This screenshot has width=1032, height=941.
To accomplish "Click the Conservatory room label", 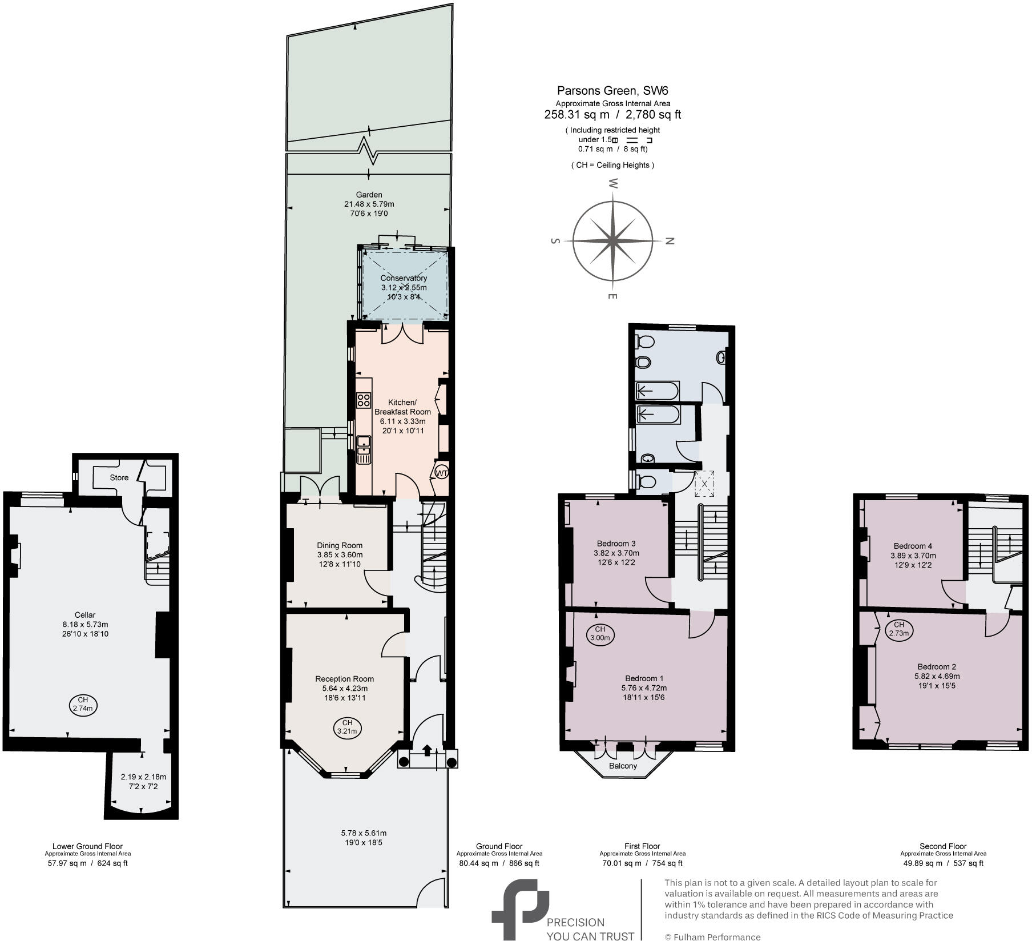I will (404, 278).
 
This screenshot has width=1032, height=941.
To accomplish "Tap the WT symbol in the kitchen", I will (442, 473).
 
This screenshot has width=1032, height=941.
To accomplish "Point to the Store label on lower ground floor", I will (119, 477).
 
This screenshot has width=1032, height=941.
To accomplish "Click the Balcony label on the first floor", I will (622, 766).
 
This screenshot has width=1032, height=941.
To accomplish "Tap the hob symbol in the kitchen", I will (364, 400).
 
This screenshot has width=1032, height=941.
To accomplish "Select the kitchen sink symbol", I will (363, 449).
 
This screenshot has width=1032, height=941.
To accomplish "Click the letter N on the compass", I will (671, 241).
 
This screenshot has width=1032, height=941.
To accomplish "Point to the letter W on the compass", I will (613, 183).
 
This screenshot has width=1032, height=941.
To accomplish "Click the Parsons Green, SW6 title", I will (612, 90).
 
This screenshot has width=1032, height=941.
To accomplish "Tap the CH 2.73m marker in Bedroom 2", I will (899, 629).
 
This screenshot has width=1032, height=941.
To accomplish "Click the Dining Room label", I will (340, 545).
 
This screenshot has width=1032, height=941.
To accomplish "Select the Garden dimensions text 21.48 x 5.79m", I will (369, 204).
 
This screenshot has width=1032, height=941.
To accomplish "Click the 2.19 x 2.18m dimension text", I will (143, 777).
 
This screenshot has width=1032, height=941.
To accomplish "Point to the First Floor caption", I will (642, 846).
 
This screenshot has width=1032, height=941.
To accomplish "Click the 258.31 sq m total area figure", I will (577, 114).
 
